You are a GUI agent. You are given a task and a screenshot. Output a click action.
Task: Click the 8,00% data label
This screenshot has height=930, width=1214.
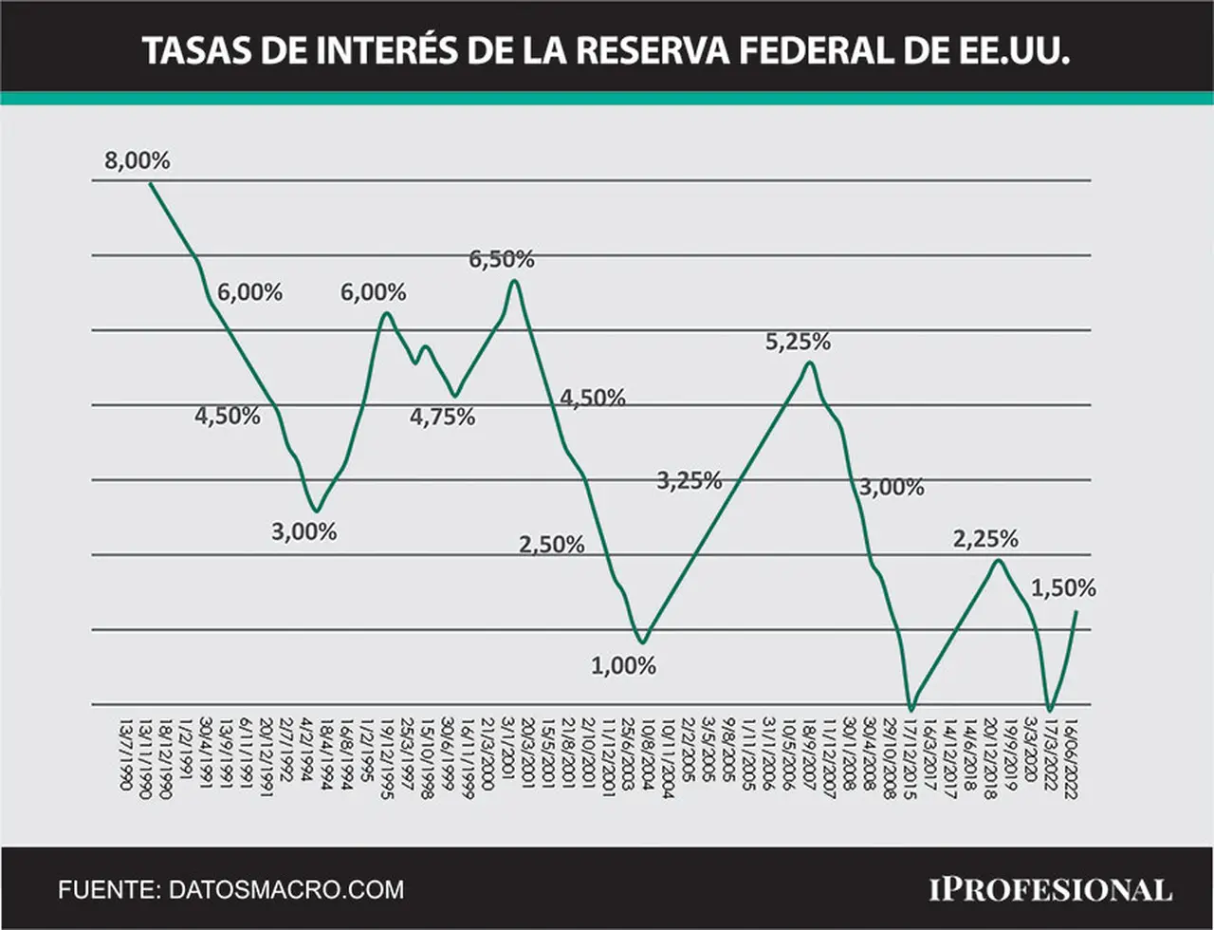(138, 161)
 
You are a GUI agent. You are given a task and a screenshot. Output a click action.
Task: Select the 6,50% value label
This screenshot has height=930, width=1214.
(502, 260)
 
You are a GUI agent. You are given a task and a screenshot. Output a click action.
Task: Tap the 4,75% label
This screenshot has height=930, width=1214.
(443, 418)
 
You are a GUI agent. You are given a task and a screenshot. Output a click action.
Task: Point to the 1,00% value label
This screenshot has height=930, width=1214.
(623, 666)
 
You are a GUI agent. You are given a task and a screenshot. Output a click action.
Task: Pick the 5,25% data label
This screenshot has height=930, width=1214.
(798, 342)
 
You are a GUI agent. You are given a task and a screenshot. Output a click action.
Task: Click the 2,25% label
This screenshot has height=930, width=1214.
(985, 539)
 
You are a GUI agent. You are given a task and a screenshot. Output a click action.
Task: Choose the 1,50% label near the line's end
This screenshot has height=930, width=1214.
(1063, 588)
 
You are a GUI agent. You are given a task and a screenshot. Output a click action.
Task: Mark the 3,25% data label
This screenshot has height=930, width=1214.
(690, 480)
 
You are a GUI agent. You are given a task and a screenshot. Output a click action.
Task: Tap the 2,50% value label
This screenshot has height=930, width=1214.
(552, 545)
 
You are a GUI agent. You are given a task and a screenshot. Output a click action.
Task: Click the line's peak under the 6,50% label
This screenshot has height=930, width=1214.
(515, 280)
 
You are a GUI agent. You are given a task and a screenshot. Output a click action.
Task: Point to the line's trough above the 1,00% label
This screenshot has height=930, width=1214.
(644, 642)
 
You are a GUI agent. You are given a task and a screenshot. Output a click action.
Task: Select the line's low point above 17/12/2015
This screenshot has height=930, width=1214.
(911, 710)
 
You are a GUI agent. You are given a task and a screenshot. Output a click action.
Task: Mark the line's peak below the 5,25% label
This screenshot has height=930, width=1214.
(810, 363)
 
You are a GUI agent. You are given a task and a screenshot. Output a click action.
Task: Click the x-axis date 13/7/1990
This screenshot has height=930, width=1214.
(125, 754)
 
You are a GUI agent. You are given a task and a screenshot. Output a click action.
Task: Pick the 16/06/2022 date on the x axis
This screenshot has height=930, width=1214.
(1071, 759)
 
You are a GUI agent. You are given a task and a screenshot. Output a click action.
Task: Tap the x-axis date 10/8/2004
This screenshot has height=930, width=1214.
(648, 754)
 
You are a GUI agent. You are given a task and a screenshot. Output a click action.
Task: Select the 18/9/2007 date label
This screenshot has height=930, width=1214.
(809, 754)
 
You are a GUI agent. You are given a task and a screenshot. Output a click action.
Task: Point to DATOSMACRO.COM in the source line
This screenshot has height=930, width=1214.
(286, 890)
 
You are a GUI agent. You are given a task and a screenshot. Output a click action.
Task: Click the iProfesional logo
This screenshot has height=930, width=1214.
(1051, 890)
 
